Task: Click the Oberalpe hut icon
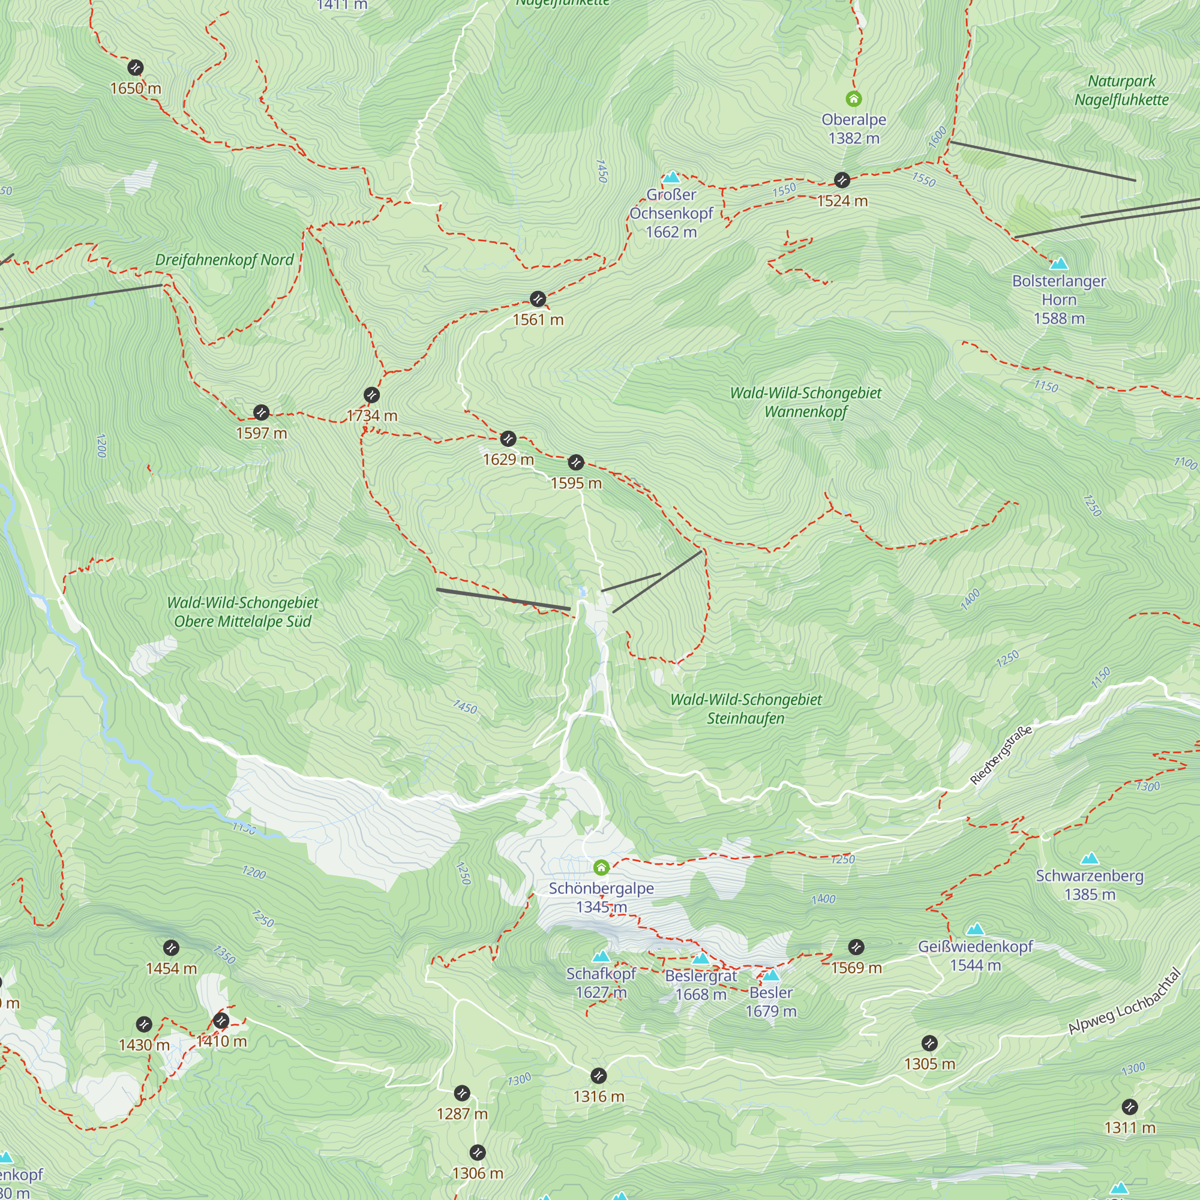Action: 853,99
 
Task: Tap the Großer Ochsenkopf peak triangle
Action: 671,178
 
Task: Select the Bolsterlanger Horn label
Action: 1059,299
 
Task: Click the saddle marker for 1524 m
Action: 842,180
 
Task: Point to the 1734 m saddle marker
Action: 371,395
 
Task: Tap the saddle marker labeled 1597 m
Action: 262,412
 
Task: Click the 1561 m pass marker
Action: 538,299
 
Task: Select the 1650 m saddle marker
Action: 136,68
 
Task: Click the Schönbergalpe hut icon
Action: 601,867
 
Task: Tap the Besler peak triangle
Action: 771,975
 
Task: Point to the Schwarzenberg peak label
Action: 1090,877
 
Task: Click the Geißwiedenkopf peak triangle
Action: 975,930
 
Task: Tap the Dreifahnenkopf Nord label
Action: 224,260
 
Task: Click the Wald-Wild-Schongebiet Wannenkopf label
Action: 806,402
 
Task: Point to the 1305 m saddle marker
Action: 929,1043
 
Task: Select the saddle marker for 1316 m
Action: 598,1075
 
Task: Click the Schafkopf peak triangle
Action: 601,956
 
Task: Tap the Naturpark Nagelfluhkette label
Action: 1122,90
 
